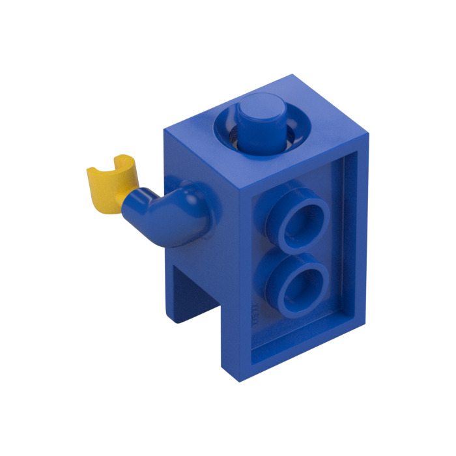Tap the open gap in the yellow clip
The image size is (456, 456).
pyautogui.click(x=120, y=158)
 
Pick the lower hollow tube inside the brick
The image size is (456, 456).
pyautogui.click(x=297, y=280)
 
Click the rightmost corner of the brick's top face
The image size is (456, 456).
pyautogui.click(x=369, y=137)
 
